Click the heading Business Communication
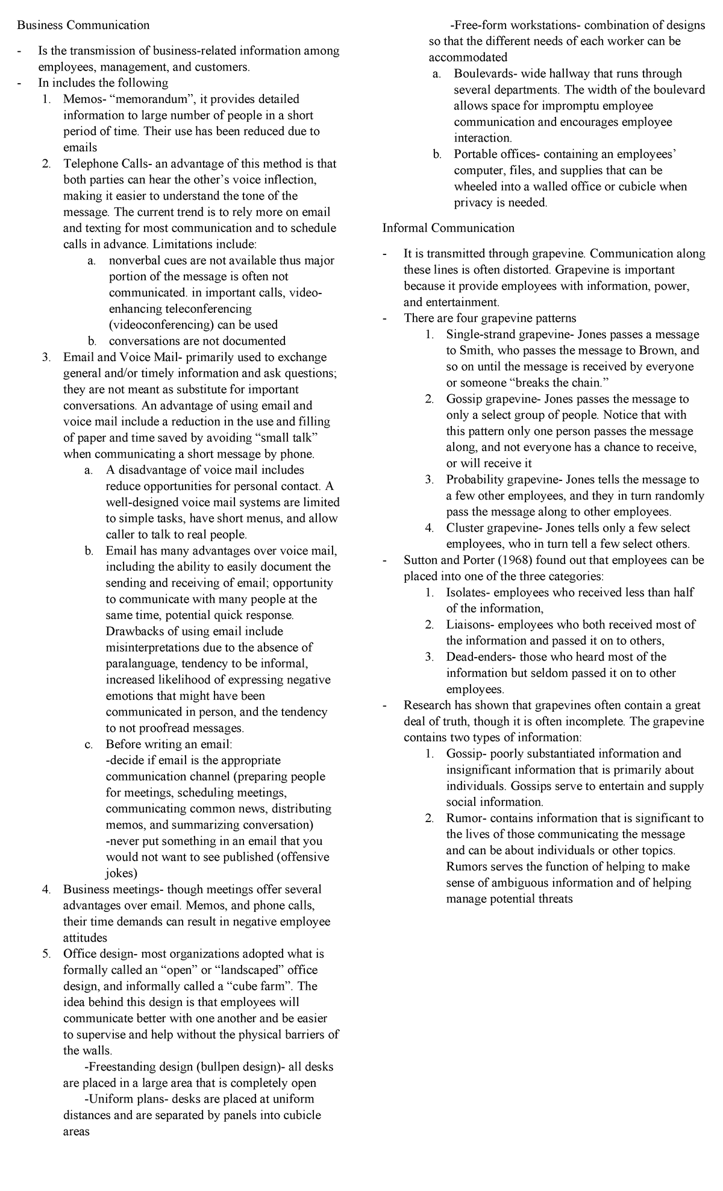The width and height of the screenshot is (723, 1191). (x=83, y=25)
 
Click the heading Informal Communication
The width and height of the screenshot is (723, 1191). (x=448, y=228)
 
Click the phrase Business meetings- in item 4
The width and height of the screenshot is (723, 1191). (x=113, y=889)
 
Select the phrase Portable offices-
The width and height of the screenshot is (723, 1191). (x=497, y=154)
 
